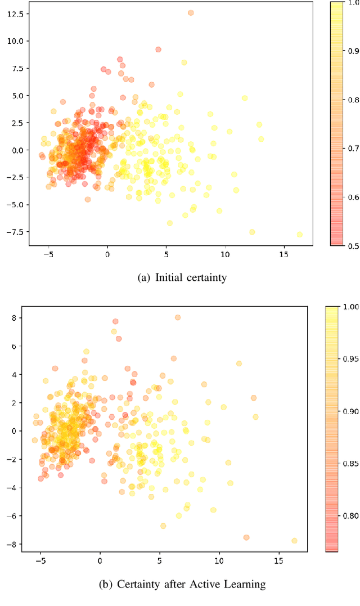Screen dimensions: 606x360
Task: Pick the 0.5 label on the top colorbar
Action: coord(354,245)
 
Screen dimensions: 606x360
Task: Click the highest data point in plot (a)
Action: coord(191,12)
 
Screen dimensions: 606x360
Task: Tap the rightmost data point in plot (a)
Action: coord(300,235)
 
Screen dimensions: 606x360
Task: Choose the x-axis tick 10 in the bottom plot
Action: coord(219,561)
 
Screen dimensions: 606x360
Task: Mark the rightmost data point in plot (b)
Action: coord(294,540)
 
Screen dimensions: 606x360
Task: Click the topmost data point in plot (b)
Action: coord(178,317)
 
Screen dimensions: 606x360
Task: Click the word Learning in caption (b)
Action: coord(244,584)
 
